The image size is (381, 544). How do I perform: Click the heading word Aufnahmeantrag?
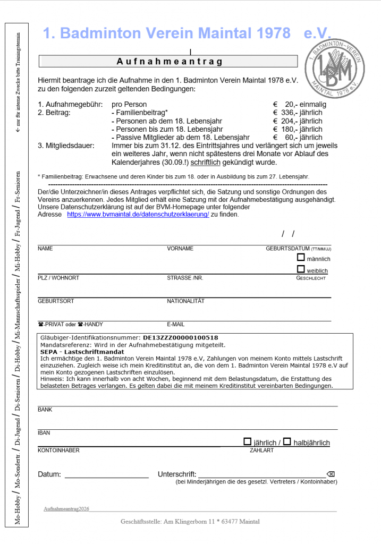(170, 62)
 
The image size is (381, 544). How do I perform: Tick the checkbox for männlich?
(301, 258)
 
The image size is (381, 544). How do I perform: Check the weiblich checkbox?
(301, 269)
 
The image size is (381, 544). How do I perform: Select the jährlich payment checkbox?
(247, 441)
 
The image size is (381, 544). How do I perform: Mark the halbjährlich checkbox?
(287, 441)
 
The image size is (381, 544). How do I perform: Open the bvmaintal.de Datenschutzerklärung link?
(138, 215)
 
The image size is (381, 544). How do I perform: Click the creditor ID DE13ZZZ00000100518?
(181, 338)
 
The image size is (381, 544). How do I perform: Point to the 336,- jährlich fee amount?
(298, 113)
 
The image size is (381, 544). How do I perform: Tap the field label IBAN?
(44, 433)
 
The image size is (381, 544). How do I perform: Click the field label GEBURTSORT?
(56, 301)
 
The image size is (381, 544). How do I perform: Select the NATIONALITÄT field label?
(185, 301)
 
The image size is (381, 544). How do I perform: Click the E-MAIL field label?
(175, 324)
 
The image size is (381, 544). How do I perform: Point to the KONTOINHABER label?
(58, 450)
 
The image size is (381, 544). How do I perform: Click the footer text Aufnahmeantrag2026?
(66, 508)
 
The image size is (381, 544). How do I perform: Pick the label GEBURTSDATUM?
(287, 249)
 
